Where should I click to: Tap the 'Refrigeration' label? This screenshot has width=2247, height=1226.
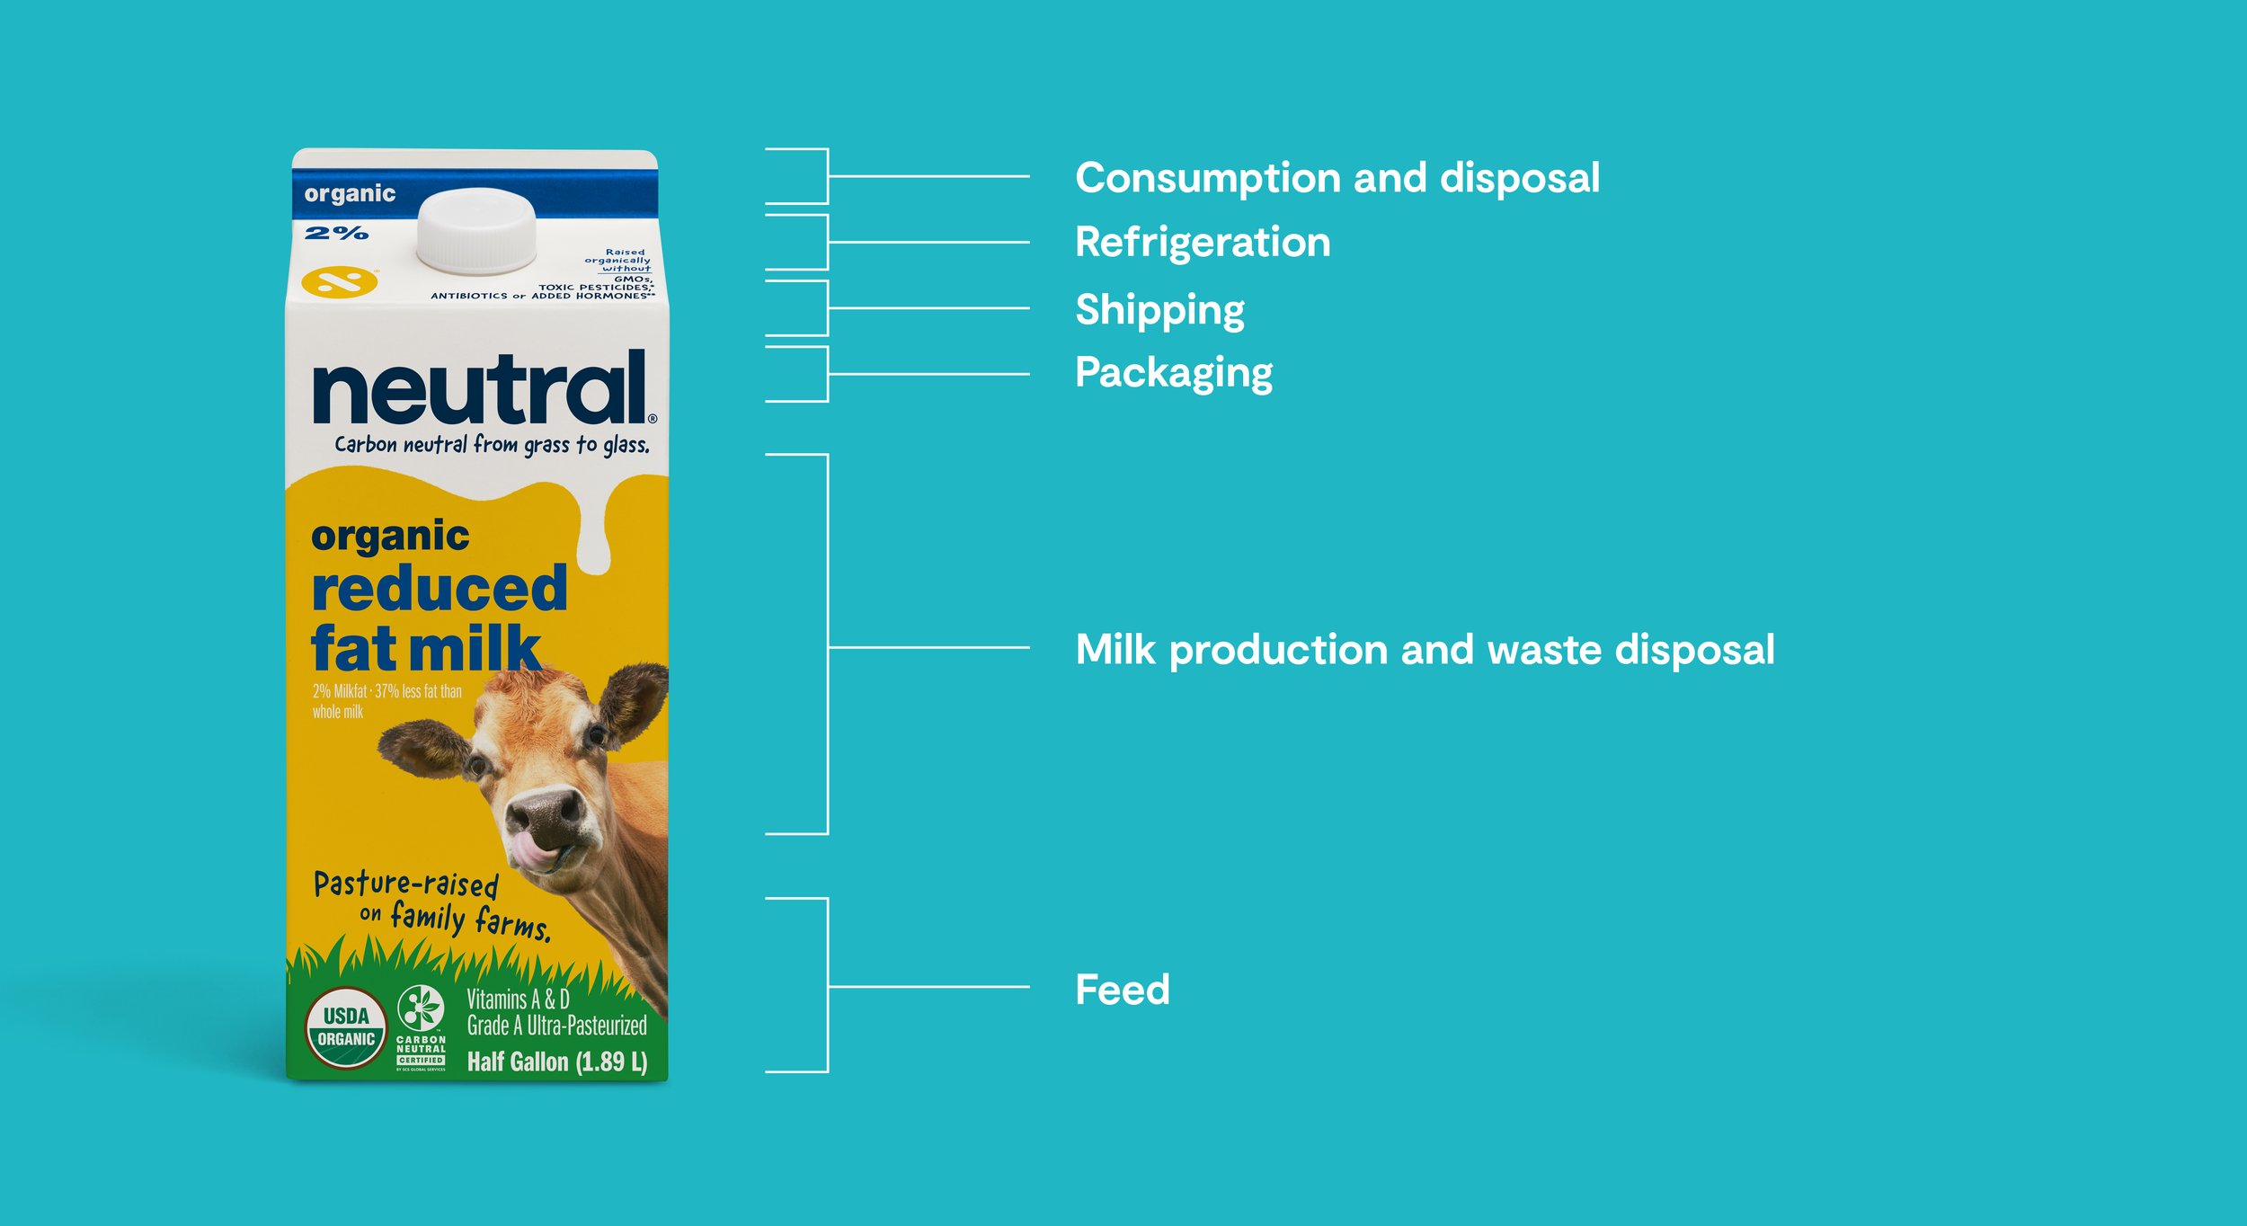pos(1203,243)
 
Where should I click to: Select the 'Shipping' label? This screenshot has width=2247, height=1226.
pos(1159,310)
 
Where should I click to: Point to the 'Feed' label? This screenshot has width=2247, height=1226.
pos(1123,990)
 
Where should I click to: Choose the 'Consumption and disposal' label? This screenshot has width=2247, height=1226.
pos(1337,178)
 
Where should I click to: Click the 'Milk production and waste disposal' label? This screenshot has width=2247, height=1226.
pos(1425,650)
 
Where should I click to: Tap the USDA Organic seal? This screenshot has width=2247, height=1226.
pos(346,1027)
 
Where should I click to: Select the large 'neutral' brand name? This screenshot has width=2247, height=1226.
pos(480,388)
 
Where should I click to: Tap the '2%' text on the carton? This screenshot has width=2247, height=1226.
pos(336,234)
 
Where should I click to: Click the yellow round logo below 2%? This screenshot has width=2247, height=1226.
pos(340,281)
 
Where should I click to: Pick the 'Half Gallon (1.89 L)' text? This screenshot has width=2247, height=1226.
pos(556,1062)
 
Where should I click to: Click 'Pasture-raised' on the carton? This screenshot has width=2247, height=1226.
pos(406,884)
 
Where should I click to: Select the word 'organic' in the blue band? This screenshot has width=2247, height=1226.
pos(350,194)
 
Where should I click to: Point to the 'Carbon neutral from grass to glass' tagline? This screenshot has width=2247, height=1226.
pos(492,445)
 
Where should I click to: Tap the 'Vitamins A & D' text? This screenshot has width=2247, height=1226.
pos(518,999)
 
